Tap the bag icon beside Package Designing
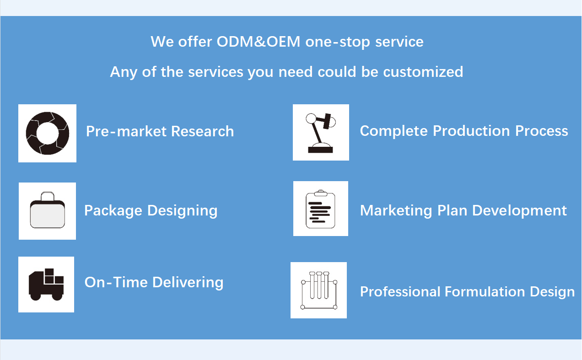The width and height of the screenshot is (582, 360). coord(48,210)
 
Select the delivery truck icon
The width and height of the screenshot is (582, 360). coord(46,285)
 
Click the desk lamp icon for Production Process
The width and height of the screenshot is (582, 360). coord(321,133)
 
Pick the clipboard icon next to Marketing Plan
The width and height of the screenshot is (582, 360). coord(320,209)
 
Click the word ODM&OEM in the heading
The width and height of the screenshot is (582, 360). coord(258,42)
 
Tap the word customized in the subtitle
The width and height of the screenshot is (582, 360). coord(423,72)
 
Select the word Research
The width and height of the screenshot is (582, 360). coord(202,131)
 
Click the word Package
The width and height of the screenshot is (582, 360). coord(113,211)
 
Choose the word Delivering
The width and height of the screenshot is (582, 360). coord(188,282)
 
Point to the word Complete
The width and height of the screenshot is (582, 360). coord(393,131)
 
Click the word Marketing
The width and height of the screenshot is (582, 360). coord(396,210)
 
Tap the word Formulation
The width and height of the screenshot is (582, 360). coord(485,291)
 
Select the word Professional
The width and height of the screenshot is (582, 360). coord(400,291)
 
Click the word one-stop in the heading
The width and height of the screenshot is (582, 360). coord(338,42)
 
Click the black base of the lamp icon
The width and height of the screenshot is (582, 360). coord(320,150)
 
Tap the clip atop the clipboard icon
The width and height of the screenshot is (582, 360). coord(321,193)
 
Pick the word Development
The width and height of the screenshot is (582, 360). coord(519,210)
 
